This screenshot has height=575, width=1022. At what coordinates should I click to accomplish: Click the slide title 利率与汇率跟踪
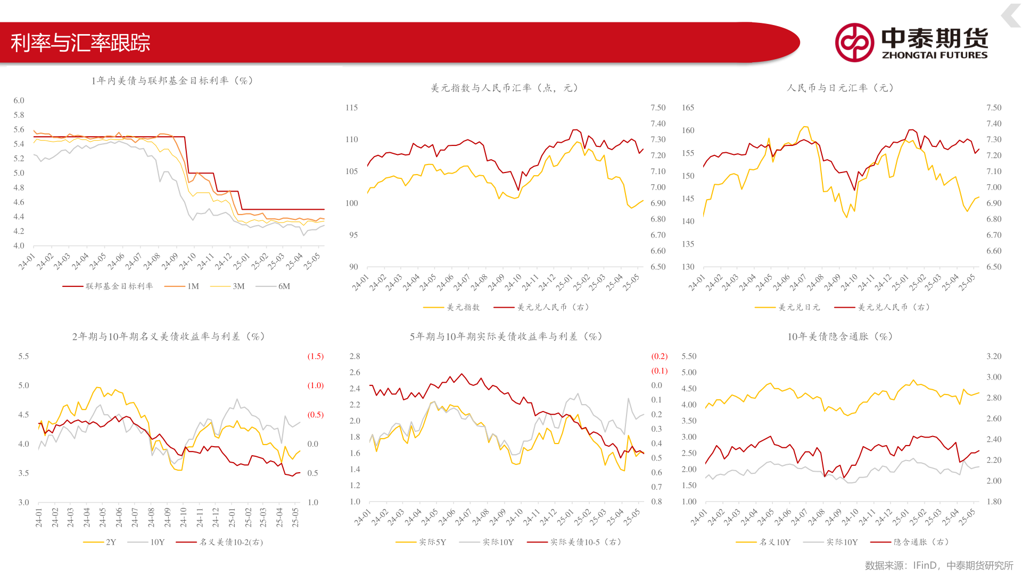pos(80,43)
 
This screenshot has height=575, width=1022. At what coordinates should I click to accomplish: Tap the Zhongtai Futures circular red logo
pos(854,43)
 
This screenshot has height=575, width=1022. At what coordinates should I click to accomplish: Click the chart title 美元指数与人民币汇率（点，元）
pos(504,88)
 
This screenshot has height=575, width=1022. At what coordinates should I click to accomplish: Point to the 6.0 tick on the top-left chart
pos(19,101)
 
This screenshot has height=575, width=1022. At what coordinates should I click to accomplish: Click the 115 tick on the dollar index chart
pos(351,108)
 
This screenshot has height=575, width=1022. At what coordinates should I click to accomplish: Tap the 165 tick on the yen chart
pos(688,108)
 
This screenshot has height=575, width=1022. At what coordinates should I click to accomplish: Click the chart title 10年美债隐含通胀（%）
pos(840,336)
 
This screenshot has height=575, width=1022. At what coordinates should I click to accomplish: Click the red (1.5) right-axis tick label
pos(315,356)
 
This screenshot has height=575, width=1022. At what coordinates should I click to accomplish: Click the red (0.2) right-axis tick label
pos(659,356)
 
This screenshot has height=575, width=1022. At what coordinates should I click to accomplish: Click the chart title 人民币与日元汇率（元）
pos(840,88)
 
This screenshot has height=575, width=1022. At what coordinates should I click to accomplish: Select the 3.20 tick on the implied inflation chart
pos(994,356)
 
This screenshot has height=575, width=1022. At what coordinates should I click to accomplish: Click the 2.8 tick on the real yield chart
pos(355,356)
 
